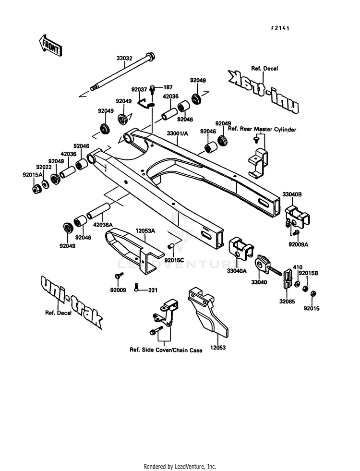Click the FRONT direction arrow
click(50, 46)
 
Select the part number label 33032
click(124, 58)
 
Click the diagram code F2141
click(280, 28)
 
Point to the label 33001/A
click(178, 133)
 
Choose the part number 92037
click(139, 89)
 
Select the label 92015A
click(33, 174)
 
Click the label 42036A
click(103, 225)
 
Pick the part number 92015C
click(174, 260)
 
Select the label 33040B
click(292, 194)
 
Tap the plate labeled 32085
click(288, 279)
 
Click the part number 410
click(298, 267)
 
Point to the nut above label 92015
click(312, 293)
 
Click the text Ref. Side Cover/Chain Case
click(166, 350)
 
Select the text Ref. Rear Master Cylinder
click(262, 129)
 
